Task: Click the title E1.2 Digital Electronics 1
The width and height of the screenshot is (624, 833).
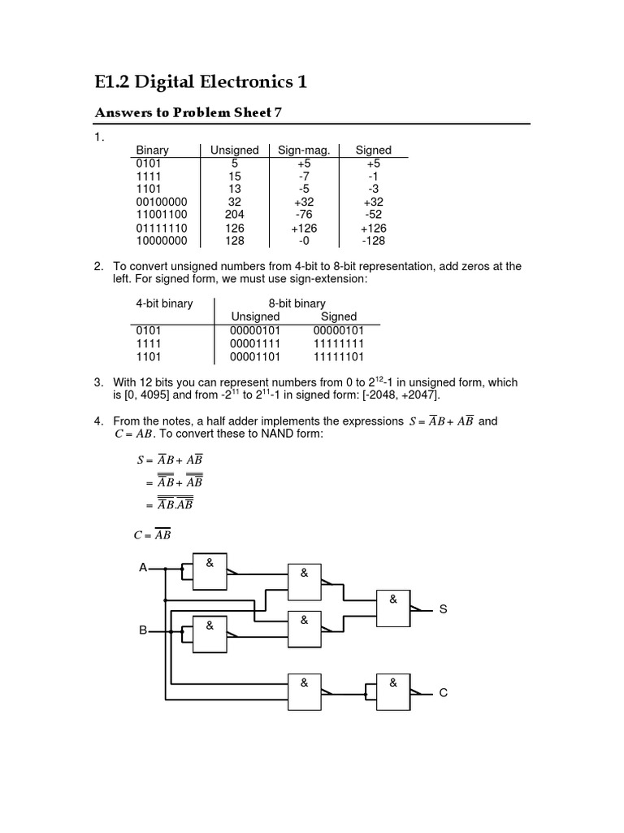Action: coord(201,82)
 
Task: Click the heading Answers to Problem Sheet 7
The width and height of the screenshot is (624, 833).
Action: coord(188,112)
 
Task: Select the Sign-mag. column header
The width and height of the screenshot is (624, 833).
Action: coord(303,150)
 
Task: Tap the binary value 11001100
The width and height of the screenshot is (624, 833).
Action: coord(162,215)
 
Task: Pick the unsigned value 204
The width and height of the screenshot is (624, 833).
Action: coord(234,215)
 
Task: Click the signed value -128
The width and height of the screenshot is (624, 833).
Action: coord(373,241)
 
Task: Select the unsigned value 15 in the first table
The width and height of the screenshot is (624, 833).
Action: coord(234,176)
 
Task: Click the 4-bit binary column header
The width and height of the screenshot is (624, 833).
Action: coord(164,303)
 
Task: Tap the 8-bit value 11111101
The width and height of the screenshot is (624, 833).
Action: coord(338,356)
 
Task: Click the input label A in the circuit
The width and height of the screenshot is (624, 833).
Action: coord(143,568)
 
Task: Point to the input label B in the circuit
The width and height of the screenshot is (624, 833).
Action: coord(143,630)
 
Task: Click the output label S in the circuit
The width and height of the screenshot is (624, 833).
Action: coord(444,609)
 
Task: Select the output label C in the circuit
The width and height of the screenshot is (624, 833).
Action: coord(444,693)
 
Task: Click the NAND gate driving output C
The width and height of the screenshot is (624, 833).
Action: coord(393,692)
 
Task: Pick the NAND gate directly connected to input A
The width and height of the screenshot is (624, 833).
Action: coord(209,570)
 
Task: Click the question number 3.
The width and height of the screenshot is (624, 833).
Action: coord(98,382)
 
